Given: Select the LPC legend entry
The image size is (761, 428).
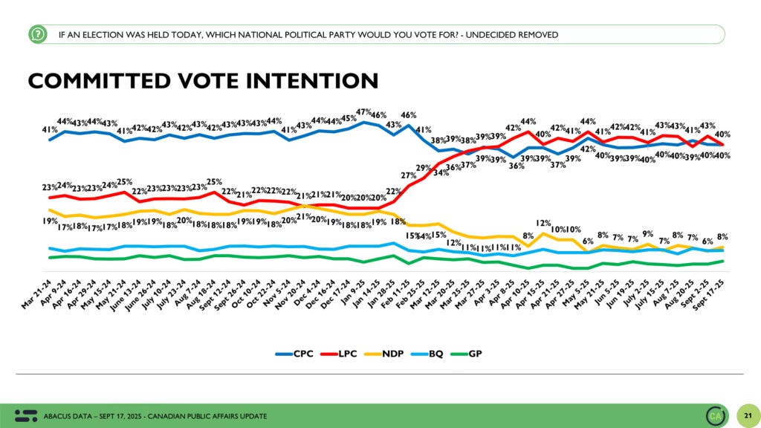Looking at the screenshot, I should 340,354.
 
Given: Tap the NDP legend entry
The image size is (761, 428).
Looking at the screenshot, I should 387,354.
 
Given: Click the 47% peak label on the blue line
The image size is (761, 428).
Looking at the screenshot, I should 364,112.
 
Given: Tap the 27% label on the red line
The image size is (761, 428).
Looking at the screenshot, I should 409,176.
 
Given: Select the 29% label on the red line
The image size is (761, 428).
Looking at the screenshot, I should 424,168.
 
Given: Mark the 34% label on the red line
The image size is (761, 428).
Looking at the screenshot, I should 441,173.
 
